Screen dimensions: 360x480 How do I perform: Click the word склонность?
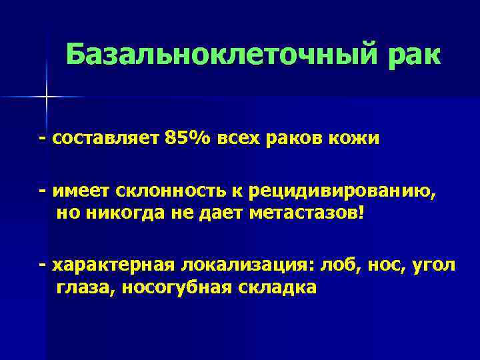tap(172, 193)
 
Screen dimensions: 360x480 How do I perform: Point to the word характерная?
tap(113, 266)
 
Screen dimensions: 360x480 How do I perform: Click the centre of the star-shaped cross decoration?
tap(47, 97)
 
